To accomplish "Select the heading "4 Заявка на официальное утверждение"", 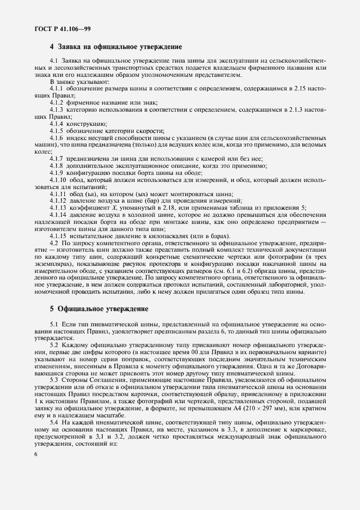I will point(115,47).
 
